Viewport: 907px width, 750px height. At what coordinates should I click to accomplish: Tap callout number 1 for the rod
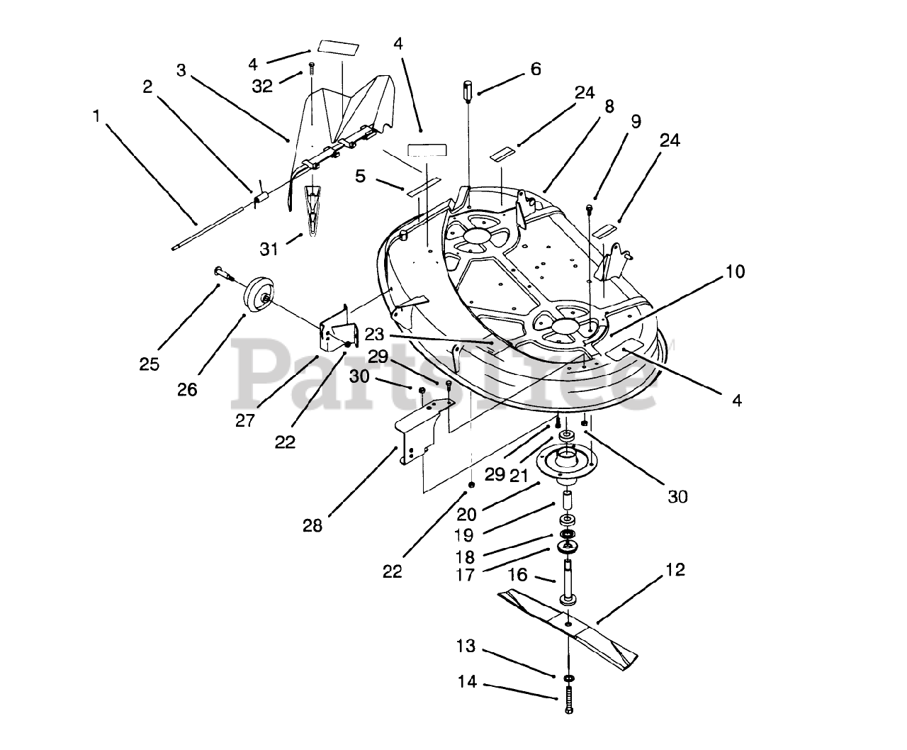(x=96, y=115)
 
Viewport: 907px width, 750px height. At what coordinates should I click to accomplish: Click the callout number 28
(x=312, y=525)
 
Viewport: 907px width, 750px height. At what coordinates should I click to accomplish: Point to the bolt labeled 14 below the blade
(x=568, y=702)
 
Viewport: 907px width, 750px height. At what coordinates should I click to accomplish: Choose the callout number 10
(x=735, y=272)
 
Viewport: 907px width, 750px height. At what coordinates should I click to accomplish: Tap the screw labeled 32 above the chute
(x=311, y=69)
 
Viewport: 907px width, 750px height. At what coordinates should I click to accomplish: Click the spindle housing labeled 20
(x=568, y=464)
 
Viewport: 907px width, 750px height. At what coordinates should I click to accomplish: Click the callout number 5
(x=361, y=176)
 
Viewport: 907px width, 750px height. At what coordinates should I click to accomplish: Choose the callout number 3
(x=181, y=70)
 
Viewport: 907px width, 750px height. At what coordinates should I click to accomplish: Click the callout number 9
(x=635, y=122)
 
